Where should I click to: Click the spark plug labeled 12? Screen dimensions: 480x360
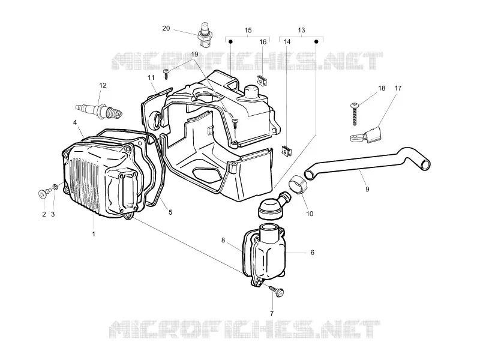pyautogui.click(x=99, y=111)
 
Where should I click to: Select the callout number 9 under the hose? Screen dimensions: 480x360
pyautogui.click(x=367, y=189)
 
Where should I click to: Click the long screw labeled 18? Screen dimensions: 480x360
pyautogui.click(x=355, y=114)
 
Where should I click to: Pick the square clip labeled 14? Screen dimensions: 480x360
pyautogui.click(x=287, y=151)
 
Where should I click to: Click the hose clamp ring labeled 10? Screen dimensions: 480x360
pyautogui.click(x=298, y=185)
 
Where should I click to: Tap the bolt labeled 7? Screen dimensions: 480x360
pyautogui.click(x=277, y=291)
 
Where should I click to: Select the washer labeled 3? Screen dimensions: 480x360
pyautogui.click(x=55, y=187)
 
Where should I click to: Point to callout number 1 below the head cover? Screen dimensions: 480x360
pyautogui.click(x=94, y=234)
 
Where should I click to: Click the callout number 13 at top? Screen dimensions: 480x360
pyautogui.click(x=301, y=30)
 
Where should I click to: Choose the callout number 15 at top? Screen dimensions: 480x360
pyautogui.click(x=248, y=31)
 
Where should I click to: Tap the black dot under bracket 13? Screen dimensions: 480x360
pyautogui.click(x=317, y=41)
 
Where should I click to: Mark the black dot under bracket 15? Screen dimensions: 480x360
pyautogui.click(x=231, y=41)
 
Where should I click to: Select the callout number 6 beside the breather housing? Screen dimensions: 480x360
pyautogui.click(x=312, y=253)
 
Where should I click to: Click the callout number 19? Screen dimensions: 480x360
pyautogui.click(x=194, y=55)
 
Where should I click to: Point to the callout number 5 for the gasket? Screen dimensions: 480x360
pyautogui.click(x=170, y=212)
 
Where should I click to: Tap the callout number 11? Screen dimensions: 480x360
pyautogui.click(x=151, y=77)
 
